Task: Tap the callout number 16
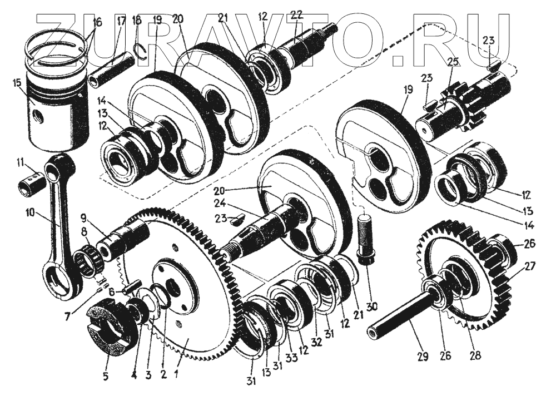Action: point(97,23)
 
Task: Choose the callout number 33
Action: point(291,358)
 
